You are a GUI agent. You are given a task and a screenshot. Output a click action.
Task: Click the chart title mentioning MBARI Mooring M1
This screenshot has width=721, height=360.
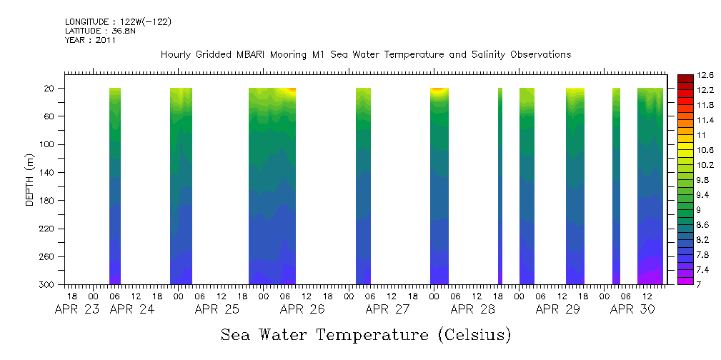click(x=366, y=54)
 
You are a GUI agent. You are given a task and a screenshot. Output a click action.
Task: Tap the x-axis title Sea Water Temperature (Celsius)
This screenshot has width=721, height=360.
click(x=366, y=334)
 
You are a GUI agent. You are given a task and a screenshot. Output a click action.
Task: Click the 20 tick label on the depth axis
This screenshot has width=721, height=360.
click(x=51, y=89)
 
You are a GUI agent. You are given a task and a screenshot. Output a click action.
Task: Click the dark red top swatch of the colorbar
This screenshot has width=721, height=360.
click(x=685, y=78)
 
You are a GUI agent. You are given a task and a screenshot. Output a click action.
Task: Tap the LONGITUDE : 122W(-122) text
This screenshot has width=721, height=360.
click(x=118, y=22)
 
